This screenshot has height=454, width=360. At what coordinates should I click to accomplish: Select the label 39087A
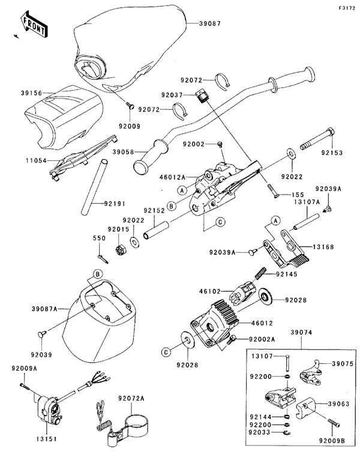pyautogui.click(x=44, y=308)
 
